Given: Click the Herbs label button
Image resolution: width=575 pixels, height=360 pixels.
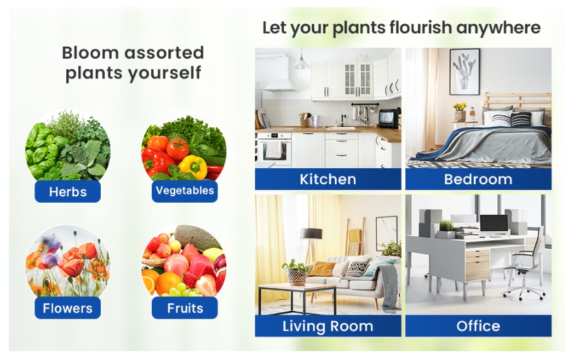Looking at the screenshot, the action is (68, 191).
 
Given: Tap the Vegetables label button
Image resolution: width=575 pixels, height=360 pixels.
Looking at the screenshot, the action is (184, 191).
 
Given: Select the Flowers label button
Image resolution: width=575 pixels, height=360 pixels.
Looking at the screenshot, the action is (68, 308).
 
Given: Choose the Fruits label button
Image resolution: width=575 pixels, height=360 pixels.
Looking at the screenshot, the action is (184, 308).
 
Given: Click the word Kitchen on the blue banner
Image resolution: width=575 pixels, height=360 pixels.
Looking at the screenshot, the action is (328, 179).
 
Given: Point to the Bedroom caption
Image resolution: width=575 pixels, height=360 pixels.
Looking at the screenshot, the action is (478, 179).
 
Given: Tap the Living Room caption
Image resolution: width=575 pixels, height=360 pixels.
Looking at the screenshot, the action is (328, 326).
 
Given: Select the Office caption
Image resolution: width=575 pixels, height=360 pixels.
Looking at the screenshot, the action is (478, 326).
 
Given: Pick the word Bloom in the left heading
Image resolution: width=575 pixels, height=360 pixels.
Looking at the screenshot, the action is (91, 53).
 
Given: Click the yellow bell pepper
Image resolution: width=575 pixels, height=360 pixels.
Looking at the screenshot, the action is (193, 166).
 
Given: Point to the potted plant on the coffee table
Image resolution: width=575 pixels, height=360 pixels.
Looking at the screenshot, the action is (296, 271).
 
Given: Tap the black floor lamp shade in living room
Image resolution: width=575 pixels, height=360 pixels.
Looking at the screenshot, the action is (311, 233).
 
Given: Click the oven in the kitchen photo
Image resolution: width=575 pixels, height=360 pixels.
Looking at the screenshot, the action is (274, 148).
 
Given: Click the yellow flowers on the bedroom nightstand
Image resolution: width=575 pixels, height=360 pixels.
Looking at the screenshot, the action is (459, 106).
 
